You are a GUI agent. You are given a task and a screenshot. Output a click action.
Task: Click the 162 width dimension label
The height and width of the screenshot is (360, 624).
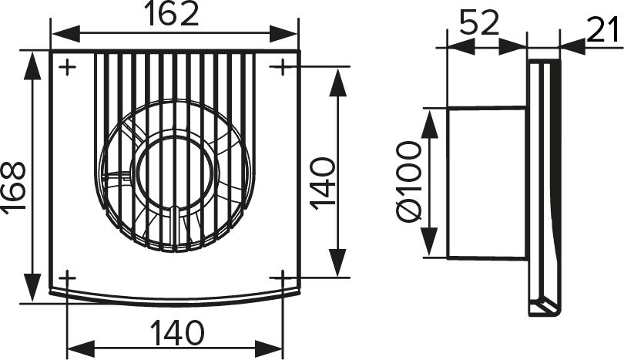171,14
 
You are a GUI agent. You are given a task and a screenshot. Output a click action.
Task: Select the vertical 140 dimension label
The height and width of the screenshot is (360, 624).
323,183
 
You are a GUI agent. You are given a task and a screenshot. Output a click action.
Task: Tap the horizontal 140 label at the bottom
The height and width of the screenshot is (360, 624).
177,332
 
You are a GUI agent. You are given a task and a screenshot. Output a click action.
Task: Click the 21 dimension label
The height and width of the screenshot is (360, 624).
603,29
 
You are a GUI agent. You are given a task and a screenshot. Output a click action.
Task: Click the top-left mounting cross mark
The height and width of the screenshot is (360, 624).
67,67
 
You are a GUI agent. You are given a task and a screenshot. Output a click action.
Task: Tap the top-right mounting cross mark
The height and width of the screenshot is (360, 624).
282,66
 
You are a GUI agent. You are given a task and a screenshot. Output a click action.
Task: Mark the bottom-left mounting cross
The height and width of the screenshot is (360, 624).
67,278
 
